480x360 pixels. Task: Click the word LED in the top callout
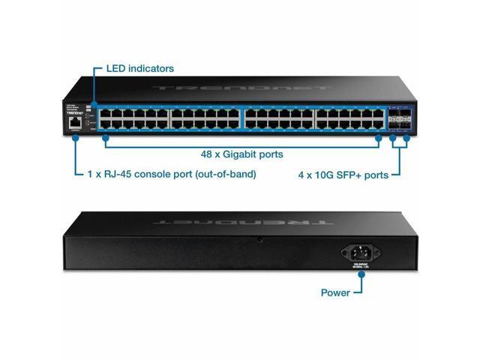pyautogui.click(x=115, y=68)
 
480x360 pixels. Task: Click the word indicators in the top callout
pyautogui.click(x=151, y=68)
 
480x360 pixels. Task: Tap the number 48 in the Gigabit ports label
pyautogui.click(x=208, y=154)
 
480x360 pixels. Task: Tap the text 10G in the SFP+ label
pyautogui.click(x=328, y=175)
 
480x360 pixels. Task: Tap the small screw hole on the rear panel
pyautogui.click(x=259, y=239)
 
